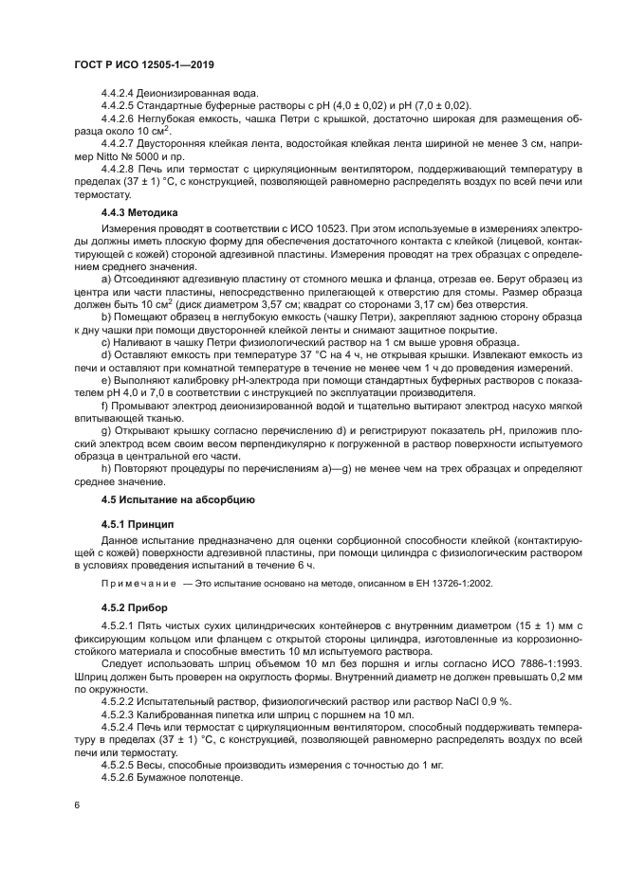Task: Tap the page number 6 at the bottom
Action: [x=78, y=805]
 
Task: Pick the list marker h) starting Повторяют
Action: [x=105, y=464]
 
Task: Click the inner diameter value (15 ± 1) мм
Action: [x=512, y=626]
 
